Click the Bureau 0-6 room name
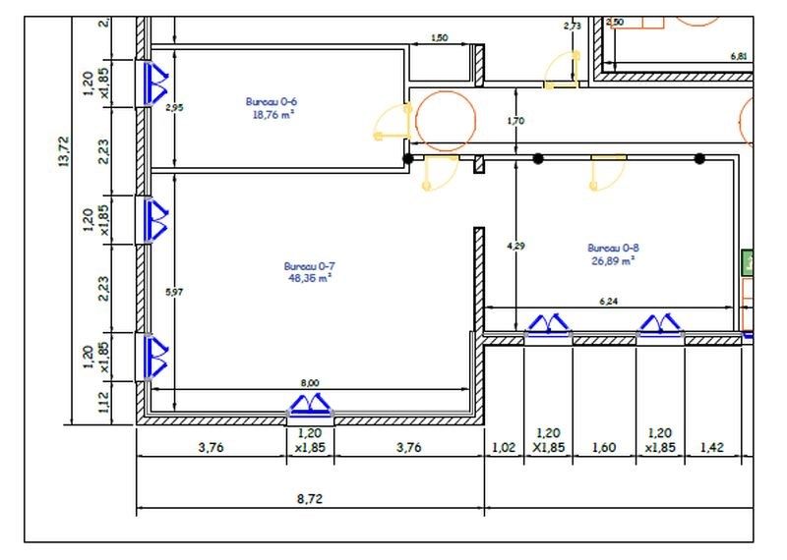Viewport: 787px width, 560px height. point(272,101)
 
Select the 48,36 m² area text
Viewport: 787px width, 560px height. point(308,278)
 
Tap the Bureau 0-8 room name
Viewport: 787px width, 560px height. point(612,248)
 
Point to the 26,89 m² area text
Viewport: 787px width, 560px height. point(612,260)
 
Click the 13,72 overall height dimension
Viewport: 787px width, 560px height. point(64,153)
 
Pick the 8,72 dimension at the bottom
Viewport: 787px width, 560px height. point(310,498)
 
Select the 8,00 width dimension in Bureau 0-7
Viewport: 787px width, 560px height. point(309,383)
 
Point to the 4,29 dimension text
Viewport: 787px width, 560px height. point(515,246)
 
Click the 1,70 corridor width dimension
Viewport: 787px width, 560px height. point(515,122)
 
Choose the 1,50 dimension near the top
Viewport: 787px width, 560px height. point(440,37)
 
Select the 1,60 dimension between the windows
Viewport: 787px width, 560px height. point(603,446)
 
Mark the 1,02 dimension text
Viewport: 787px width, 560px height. point(503,446)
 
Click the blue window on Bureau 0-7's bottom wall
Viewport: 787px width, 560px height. point(311,406)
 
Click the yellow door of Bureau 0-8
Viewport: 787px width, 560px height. point(608,172)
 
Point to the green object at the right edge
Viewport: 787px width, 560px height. point(747,263)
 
